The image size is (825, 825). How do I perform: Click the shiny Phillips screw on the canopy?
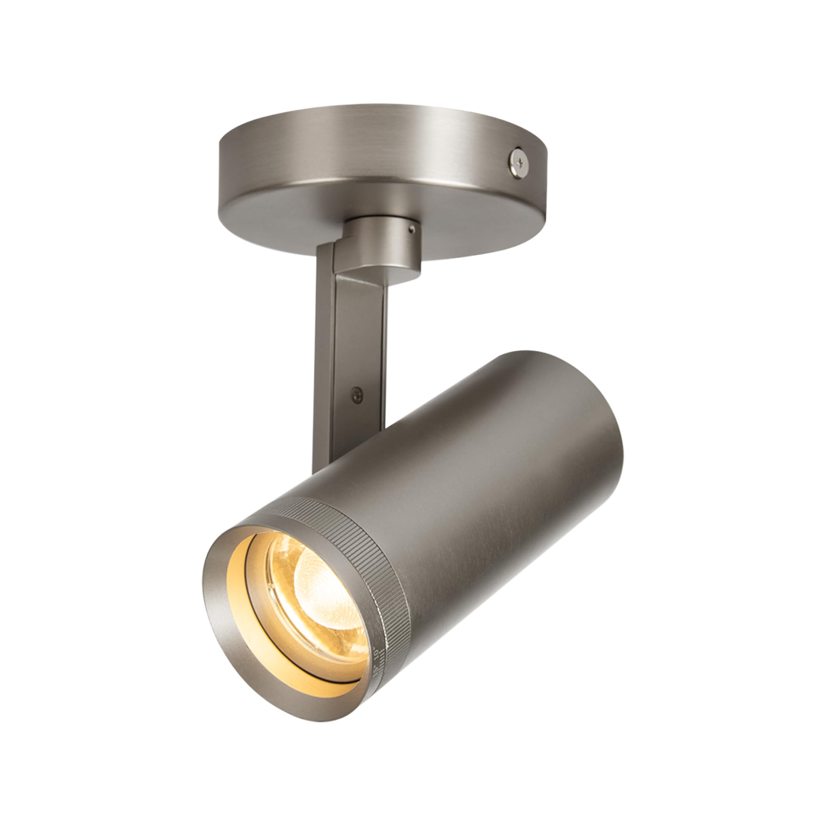point(519,162)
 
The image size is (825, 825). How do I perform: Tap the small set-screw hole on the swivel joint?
point(411,229)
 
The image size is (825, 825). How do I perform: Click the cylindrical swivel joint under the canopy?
point(384,243)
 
